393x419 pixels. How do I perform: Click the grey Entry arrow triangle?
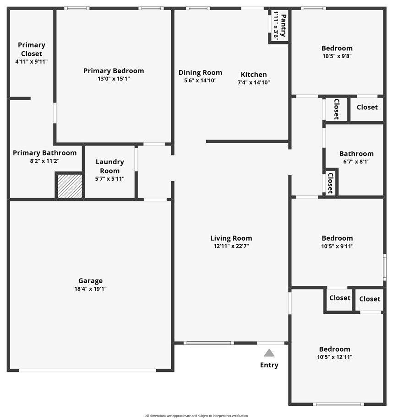(269, 353)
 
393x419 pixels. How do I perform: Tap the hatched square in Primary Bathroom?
(70, 186)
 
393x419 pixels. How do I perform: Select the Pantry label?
(284, 26)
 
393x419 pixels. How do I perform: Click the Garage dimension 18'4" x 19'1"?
(90, 289)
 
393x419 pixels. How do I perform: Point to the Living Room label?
(231, 238)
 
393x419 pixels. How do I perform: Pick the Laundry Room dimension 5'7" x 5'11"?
(109, 178)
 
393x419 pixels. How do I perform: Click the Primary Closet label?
(32, 49)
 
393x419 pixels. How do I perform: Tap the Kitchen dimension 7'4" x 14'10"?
(253, 82)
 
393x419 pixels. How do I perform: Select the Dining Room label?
(200, 72)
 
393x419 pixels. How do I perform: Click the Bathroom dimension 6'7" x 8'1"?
(356, 161)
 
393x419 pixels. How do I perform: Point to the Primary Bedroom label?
(114, 70)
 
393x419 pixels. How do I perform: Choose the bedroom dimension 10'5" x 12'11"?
(334, 357)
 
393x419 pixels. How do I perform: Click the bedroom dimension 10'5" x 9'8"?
(337, 56)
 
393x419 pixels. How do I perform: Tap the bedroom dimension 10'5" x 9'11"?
(337, 246)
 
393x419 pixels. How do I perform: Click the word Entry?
(269, 365)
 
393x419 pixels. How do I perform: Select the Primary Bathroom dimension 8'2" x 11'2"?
(44, 161)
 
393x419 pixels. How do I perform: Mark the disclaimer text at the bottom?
(196, 416)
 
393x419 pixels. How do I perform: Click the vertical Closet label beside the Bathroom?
(330, 183)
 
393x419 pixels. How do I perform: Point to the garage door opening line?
(87, 370)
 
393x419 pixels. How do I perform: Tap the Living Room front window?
(208, 343)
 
